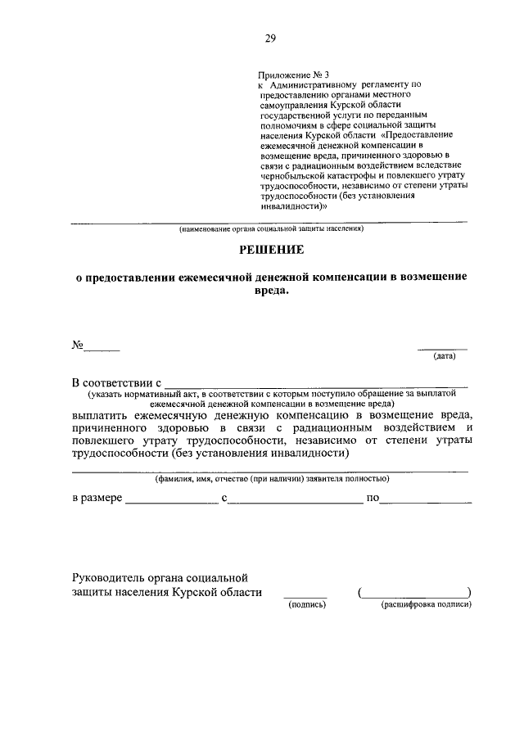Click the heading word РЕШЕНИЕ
point(270,249)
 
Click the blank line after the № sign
point(102,350)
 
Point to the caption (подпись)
point(306,605)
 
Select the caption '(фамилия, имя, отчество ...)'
point(272,479)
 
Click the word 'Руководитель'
point(107,578)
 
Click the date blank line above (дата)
point(443,347)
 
